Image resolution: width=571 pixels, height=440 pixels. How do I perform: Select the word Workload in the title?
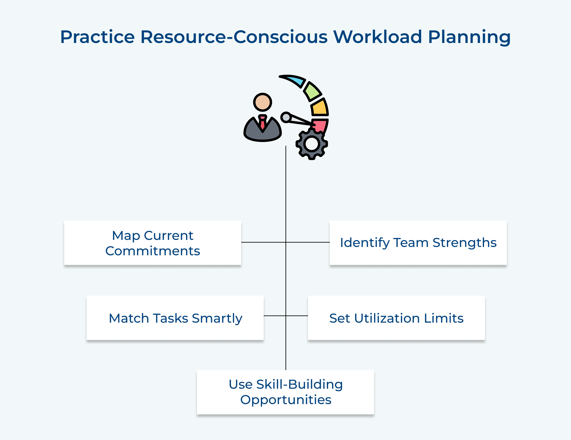[x=377, y=37]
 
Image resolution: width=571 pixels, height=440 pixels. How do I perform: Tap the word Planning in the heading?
[x=469, y=37]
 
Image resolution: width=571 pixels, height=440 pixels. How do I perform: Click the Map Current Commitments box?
[x=153, y=243]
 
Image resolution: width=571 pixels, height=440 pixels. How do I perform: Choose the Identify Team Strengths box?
[x=418, y=243]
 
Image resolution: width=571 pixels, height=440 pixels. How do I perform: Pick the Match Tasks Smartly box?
[x=175, y=318]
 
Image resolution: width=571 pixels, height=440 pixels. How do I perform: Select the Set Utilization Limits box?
[x=396, y=318]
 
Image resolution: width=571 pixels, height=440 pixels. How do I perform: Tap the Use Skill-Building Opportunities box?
[x=285, y=392]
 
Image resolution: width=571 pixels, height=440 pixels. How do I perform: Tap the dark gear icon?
[x=311, y=144]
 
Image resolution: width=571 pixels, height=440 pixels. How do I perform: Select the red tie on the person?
[x=262, y=122]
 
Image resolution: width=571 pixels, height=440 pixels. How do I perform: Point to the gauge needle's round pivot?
[x=285, y=117]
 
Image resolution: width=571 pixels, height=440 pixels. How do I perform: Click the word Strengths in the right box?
[x=464, y=243]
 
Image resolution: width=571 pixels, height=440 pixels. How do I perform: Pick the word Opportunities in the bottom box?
[x=285, y=400]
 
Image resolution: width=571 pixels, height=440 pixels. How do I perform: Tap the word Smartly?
[x=217, y=318]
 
